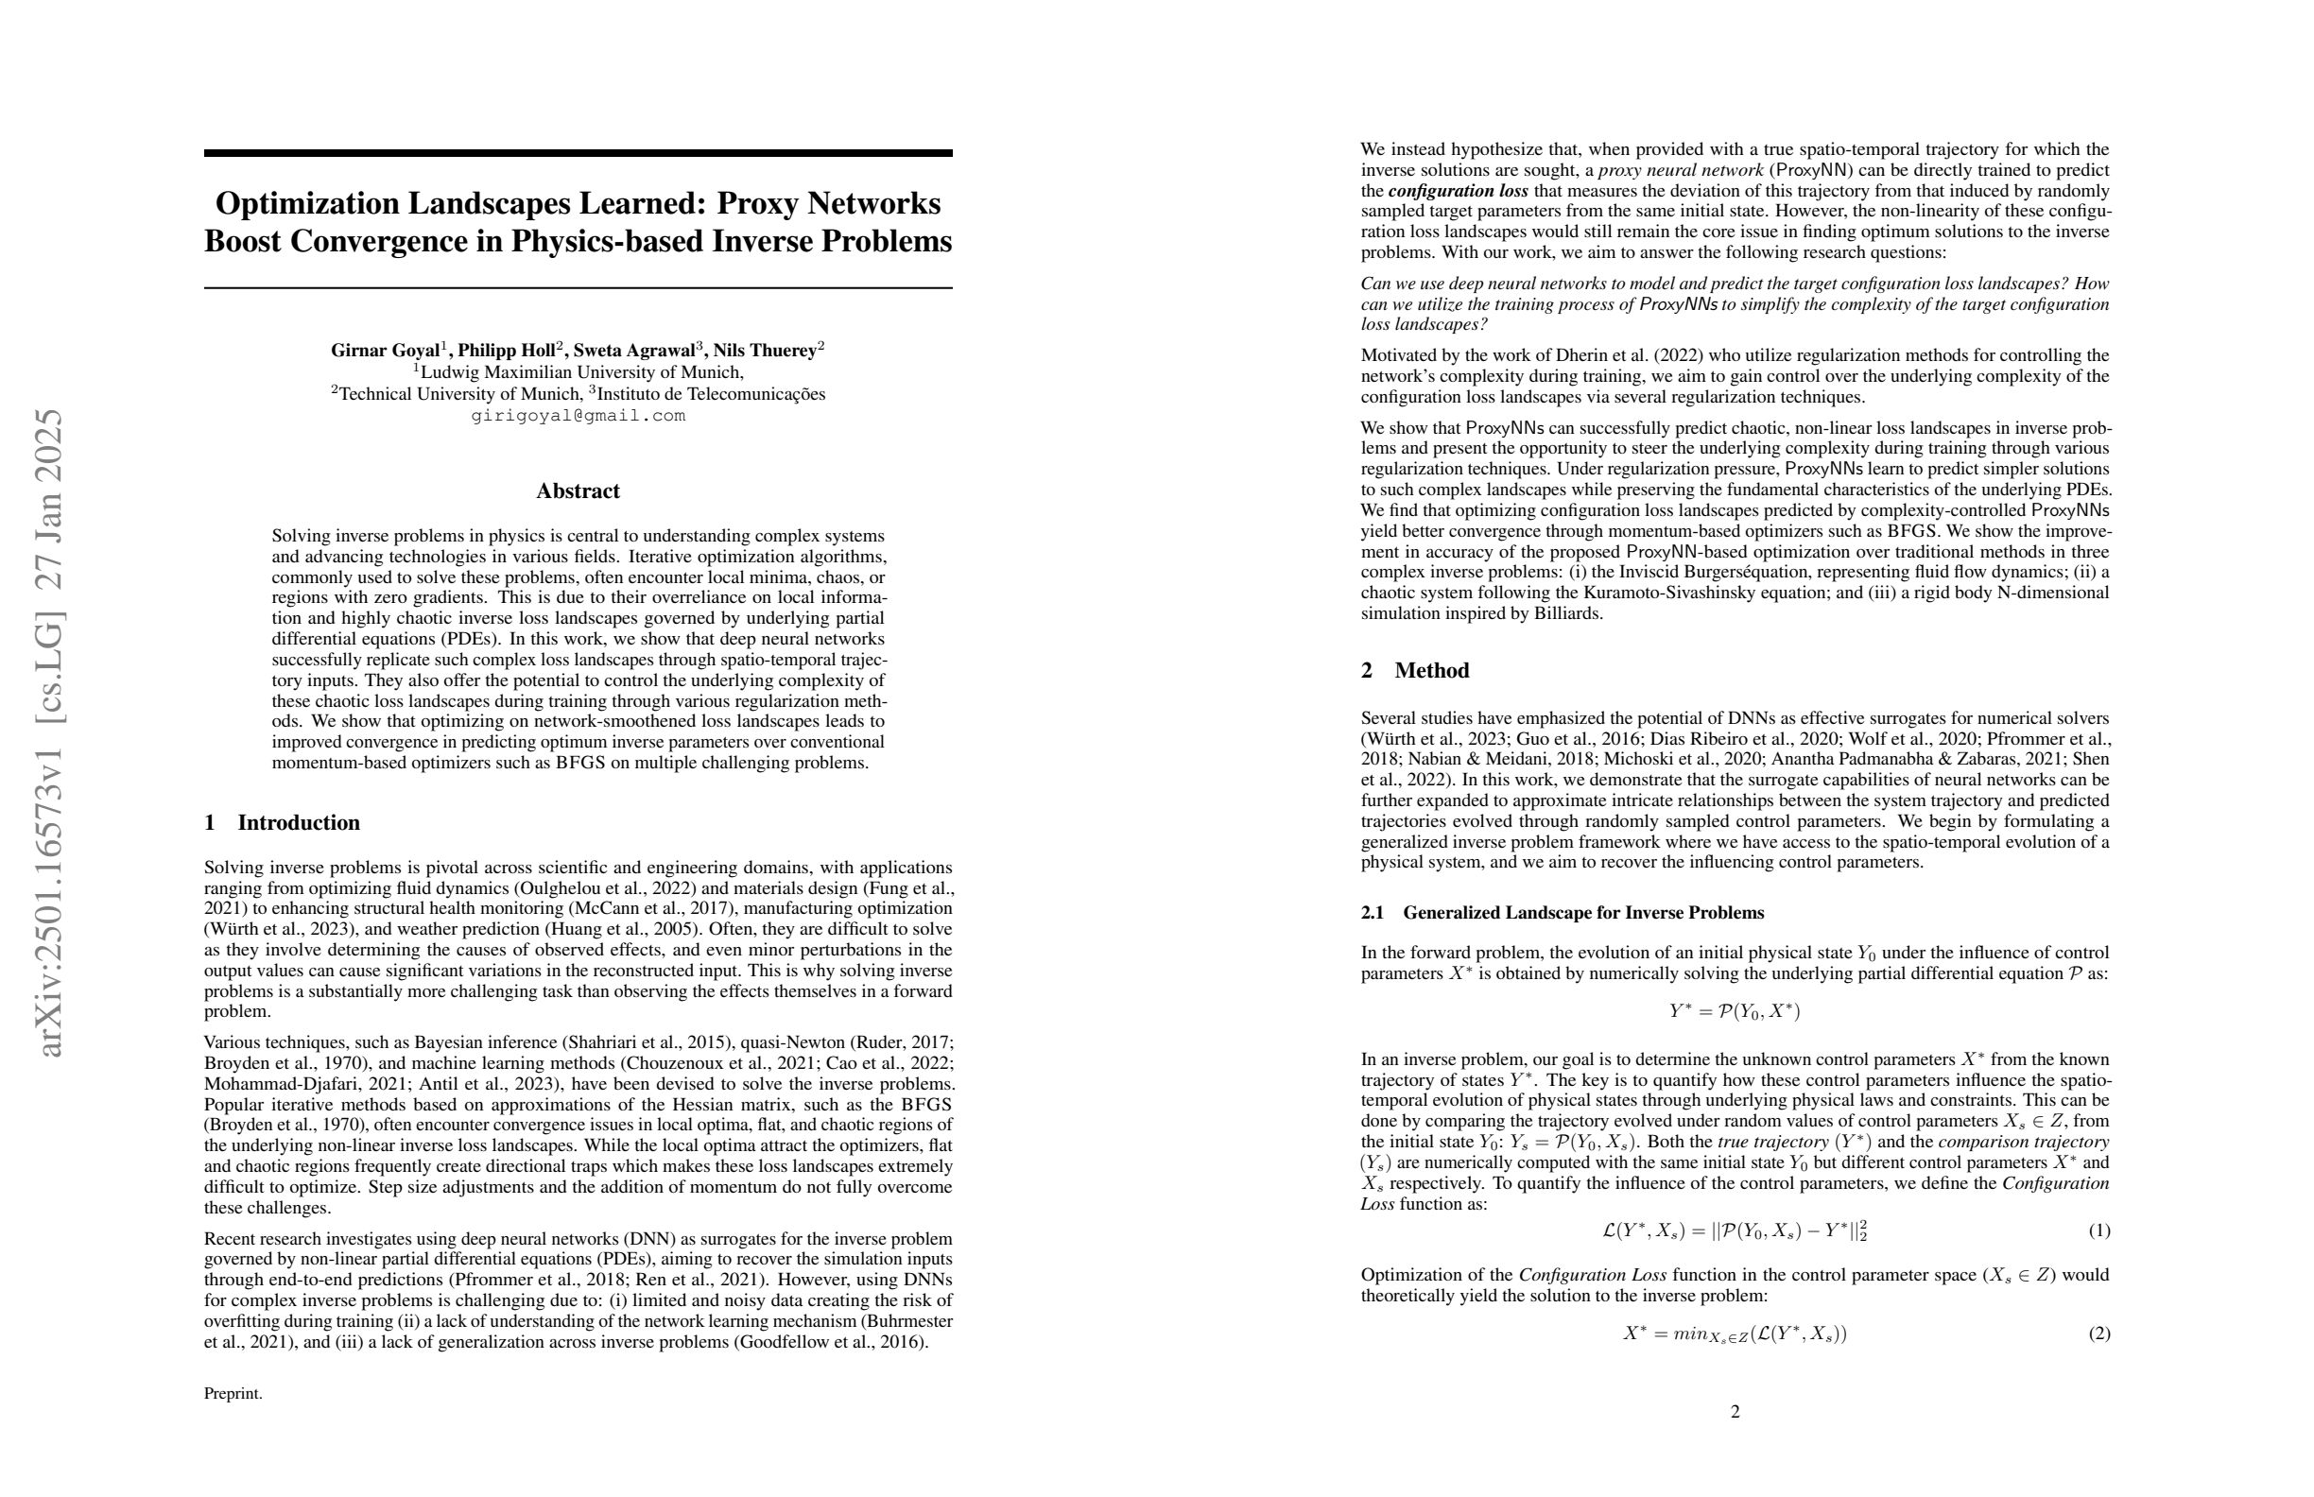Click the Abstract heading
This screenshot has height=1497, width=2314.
pyautogui.click(x=578, y=490)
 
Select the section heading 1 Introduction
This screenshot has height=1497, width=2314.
pyautogui.click(x=282, y=822)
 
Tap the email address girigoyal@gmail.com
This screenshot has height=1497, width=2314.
pyautogui.click(x=578, y=416)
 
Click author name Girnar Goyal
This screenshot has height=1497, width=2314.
pyautogui.click(x=385, y=351)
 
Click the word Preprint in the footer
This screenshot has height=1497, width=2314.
pyautogui.click(x=233, y=1393)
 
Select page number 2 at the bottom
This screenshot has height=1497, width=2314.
pyautogui.click(x=1735, y=1411)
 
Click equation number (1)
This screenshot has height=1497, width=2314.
pyautogui.click(x=2099, y=1230)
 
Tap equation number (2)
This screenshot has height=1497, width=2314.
pyautogui.click(x=2099, y=1334)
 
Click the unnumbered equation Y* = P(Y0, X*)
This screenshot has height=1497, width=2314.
pyautogui.click(x=1735, y=1011)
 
